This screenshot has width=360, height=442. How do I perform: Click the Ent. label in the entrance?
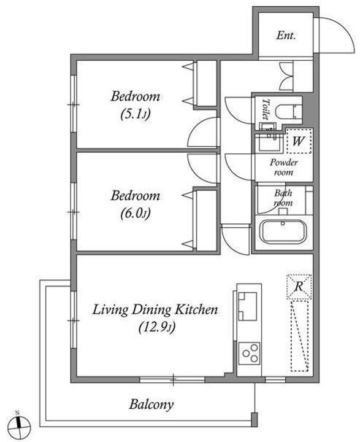tap(286, 36)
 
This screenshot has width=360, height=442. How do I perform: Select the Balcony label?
tap(151, 405)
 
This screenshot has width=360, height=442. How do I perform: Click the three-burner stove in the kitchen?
tap(249, 353)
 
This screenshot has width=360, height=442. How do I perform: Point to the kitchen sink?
tap(248, 306)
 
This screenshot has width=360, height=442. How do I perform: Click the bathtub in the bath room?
tap(283, 231)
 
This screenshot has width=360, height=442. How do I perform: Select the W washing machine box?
tap(299, 141)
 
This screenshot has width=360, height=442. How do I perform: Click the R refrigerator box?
tap(299, 287)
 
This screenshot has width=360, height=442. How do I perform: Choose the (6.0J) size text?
tap(136, 214)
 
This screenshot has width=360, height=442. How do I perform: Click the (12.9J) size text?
tap(157, 328)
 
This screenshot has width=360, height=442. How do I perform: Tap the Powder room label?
tap(283, 167)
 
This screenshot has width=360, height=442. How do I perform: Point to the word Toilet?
tap(265, 109)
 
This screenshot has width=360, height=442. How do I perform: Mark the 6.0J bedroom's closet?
tap(206, 220)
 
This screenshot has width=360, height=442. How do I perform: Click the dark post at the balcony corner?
tap(254, 420)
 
